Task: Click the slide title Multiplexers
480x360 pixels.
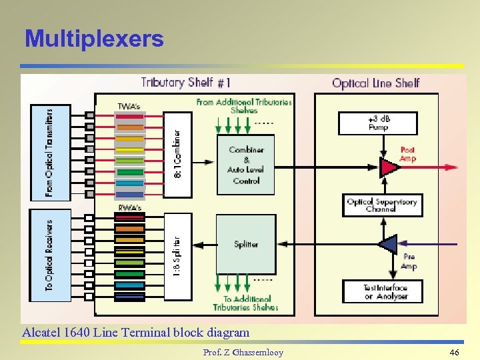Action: pyautogui.click(x=94, y=39)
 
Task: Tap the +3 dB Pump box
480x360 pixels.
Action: pyautogui.click(x=378, y=123)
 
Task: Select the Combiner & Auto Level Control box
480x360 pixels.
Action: pyautogui.click(x=246, y=165)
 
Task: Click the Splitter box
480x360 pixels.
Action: pyautogui.click(x=246, y=245)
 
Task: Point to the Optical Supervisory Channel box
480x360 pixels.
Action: pyautogui.click(x=381, y=205)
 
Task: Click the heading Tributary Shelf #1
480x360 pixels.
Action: pyautogui.click(x=186, y=83)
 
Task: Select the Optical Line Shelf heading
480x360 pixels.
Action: pyautogui.click(x=376, y=83)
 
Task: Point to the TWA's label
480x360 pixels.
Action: pyautogui.click(x=129, y=107)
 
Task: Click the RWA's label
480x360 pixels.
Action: pyautogui.click(x=130, y=208)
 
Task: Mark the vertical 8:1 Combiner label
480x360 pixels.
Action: pyautogui.click(x=177, y=153)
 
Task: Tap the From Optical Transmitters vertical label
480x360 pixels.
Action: pyautogui.click(x=50, y=153)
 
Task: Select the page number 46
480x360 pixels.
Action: pyautogui.click(x=455, y=352)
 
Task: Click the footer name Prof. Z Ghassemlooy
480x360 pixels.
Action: pyautogui.click(x=243, y=352)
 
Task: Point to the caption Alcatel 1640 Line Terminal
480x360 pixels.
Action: pyautogui.click(x=136, y=332)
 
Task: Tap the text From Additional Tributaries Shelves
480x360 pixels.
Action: pyautogui.click(x=243, y=106)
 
